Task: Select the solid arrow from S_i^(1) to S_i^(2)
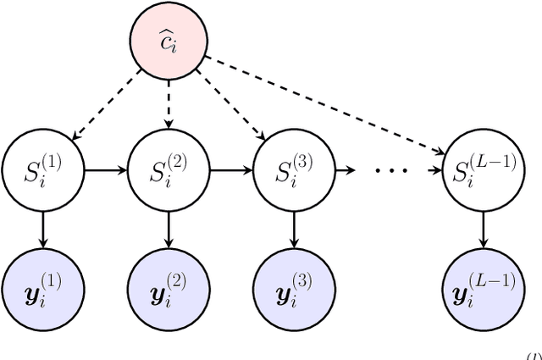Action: coord(105,170)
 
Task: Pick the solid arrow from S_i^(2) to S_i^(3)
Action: coord(231,170)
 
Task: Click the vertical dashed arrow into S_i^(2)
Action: coord(169,106)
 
